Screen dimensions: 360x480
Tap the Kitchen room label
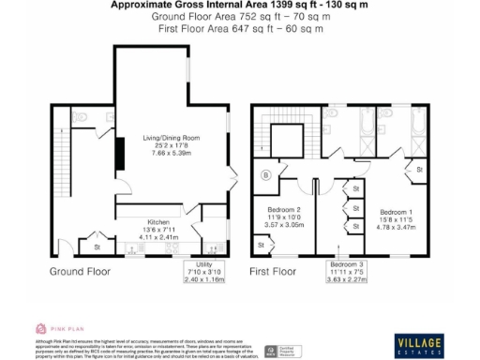point(131,222)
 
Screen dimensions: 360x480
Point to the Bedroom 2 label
point(283,210)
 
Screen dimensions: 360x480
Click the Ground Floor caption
point(80,272)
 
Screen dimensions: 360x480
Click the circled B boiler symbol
point(266,174)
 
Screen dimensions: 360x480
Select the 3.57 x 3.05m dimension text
point(283,226)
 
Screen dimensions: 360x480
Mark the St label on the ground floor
point(97,247)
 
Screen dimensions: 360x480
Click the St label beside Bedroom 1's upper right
point(419,170)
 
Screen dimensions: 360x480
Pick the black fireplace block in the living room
point(118,153)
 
